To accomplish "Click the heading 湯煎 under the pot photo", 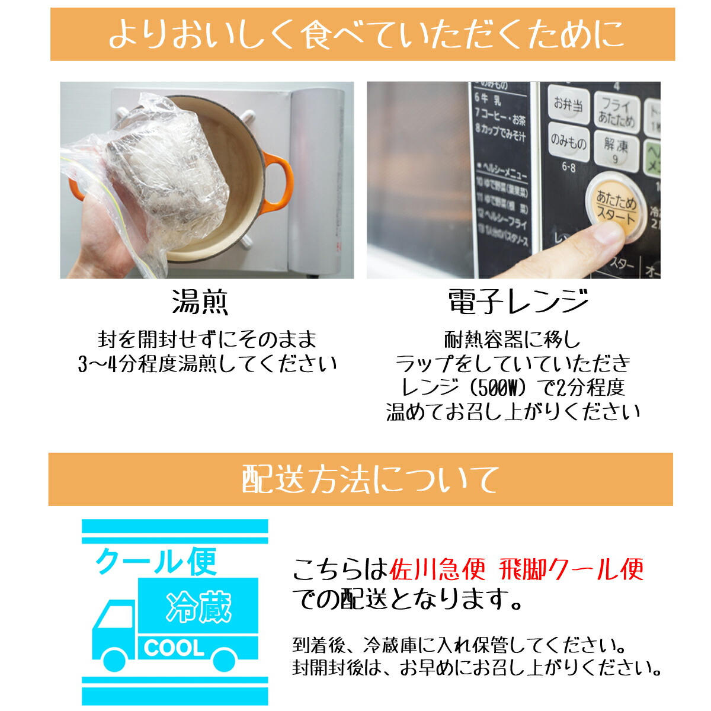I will [200, 302].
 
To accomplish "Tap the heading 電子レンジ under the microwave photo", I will [518, 302].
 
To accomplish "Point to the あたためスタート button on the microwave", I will [616, 207].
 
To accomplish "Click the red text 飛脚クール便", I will [571, 570].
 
